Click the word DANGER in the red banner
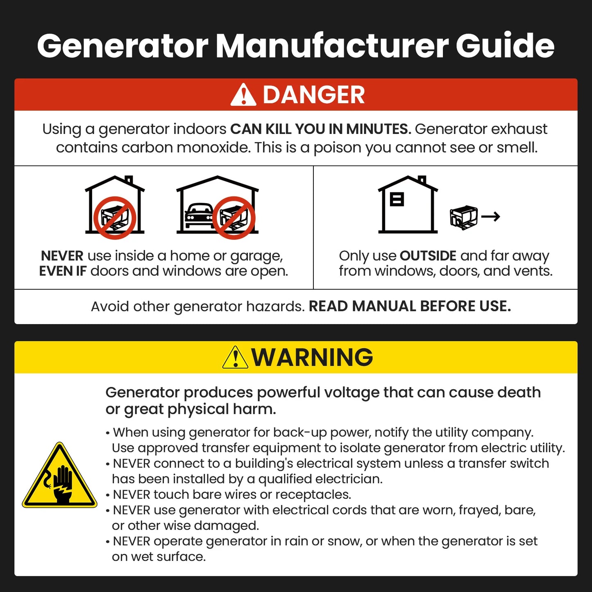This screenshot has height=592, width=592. [313, 95]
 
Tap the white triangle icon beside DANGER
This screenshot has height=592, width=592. [243, 95]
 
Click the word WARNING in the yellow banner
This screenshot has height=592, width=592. [312, 357]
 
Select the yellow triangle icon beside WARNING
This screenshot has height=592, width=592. [235, 358]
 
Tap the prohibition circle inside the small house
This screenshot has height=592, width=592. [115, 218]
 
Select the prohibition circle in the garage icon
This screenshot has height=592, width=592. [234, 218]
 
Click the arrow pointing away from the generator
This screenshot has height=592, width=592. [491, 216]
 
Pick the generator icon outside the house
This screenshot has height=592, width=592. [464, 217]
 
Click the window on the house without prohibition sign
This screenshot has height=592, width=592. [397, 199]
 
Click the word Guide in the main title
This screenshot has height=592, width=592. [505, 45]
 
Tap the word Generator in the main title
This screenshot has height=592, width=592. [122, 45]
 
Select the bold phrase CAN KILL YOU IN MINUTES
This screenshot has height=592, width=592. [320, 129]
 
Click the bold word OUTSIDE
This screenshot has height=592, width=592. [428, 256]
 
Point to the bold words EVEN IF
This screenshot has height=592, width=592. [63, 271]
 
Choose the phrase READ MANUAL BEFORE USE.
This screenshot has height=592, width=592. [410, 306]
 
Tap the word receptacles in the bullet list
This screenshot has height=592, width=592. [313, 494]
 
